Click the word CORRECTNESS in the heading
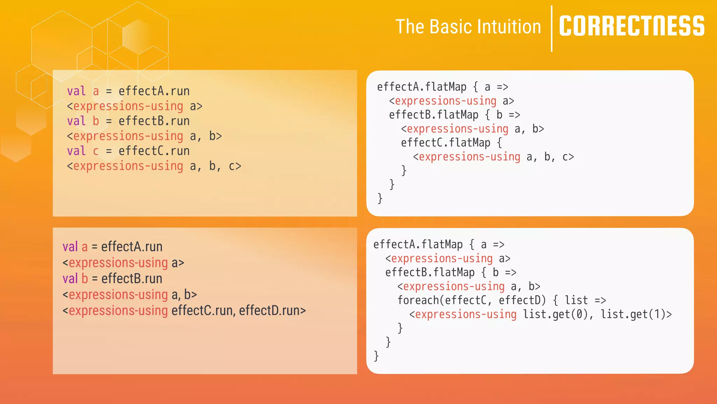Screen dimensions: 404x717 632,26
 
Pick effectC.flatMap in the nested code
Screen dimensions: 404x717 445,143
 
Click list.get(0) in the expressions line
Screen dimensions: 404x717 555,314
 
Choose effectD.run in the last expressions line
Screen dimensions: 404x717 269,310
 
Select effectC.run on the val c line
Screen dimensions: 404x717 154,151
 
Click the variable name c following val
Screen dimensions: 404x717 96,151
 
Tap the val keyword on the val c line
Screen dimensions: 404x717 76,151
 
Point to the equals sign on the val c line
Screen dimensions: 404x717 109,151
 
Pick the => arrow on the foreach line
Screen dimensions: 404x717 600,300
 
